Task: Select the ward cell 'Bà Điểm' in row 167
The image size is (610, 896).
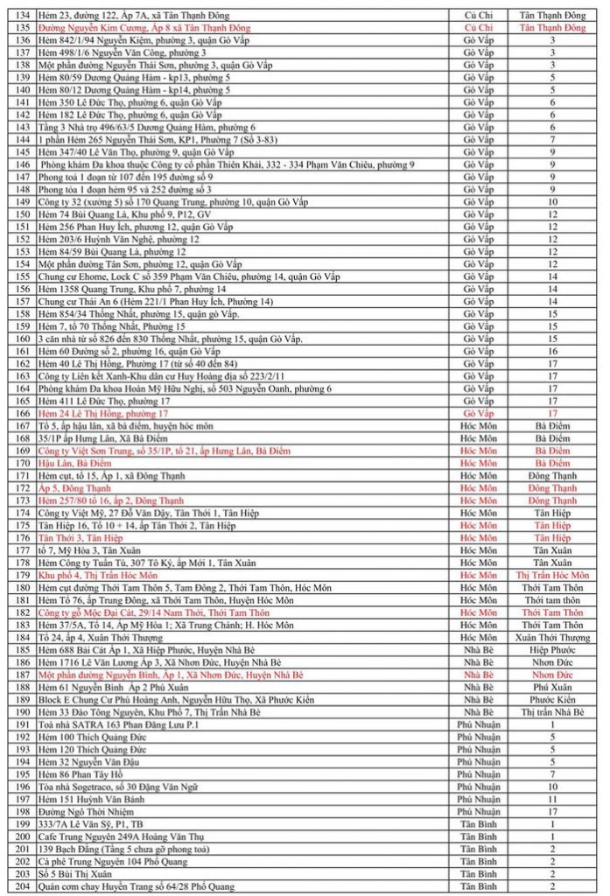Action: pos(552,425)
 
